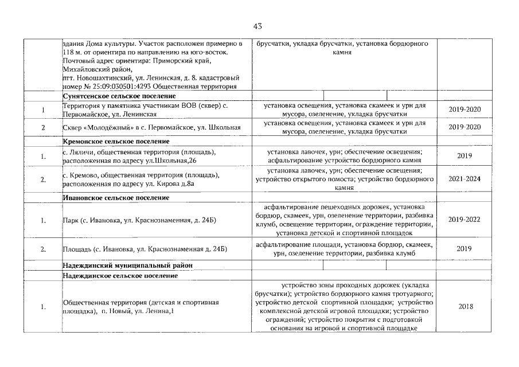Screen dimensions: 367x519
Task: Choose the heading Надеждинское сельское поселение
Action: click(120, 276)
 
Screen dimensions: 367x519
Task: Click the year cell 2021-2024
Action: click(465, 179)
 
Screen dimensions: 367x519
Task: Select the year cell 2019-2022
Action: click(465, 220)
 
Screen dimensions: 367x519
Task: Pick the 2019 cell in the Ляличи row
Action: click(465, 155)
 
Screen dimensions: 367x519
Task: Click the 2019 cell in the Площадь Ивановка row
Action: click(465, 248)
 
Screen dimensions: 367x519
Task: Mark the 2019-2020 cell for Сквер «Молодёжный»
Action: click(465, 127)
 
